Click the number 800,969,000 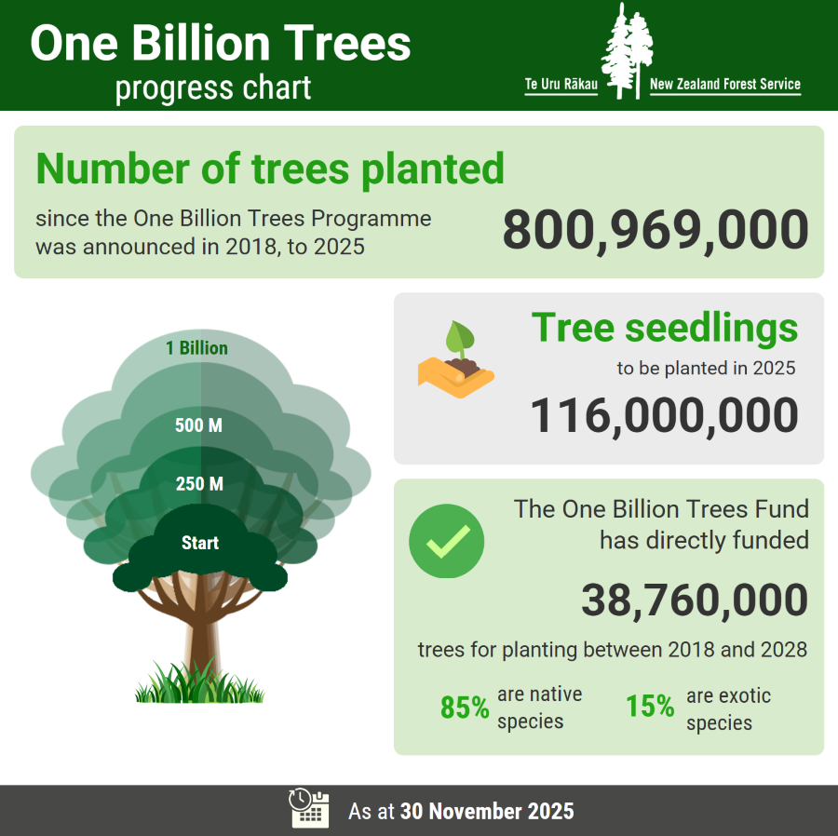point(655,231)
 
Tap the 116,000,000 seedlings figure point(664,415)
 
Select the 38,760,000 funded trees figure point(694,600)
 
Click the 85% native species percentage point(465,708)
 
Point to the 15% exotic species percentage point(650,707)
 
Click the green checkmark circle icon point(447,541)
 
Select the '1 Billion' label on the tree point(196,348)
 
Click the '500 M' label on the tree point(199,426)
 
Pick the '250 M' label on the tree point(199,484)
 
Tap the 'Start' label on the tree point(200,543)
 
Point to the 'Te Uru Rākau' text point(561,85)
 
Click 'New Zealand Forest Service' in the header point(724,85)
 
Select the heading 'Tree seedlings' point(664,328)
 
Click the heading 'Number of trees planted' point(270,169)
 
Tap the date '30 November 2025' point(487,811)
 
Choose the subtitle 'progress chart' point(213,88)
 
